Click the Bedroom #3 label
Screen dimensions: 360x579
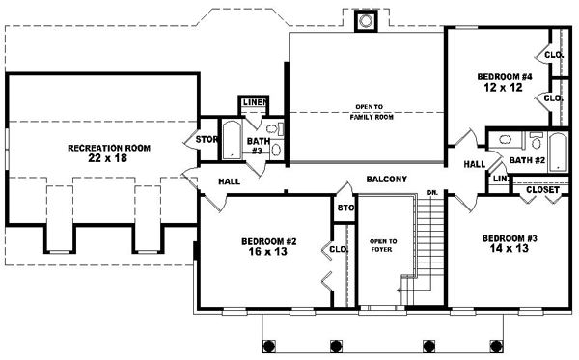click(x=509, y=237)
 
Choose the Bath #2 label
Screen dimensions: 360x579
click(x=527, y=160)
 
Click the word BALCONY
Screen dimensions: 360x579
click(x=386, y=180)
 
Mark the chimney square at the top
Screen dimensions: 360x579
click(x=366, y=21)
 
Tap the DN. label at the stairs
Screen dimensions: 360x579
click(x=433, y=194)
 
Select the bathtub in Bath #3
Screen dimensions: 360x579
click(x=232, y=141)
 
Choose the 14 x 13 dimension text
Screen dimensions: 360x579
click(x=509, y=249)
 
